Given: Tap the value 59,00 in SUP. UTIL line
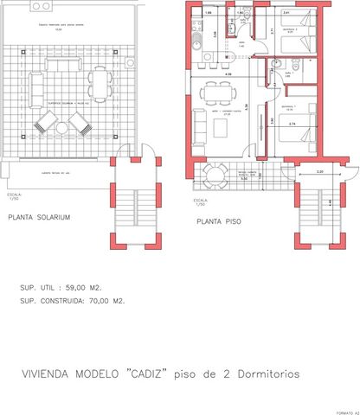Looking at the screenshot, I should pyautogui.click(x=89, y=286).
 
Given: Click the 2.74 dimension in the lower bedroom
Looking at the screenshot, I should pyautogui.click(x=292, y=125).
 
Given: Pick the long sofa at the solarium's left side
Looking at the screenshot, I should pyautogui.click(x=37, y=86).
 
